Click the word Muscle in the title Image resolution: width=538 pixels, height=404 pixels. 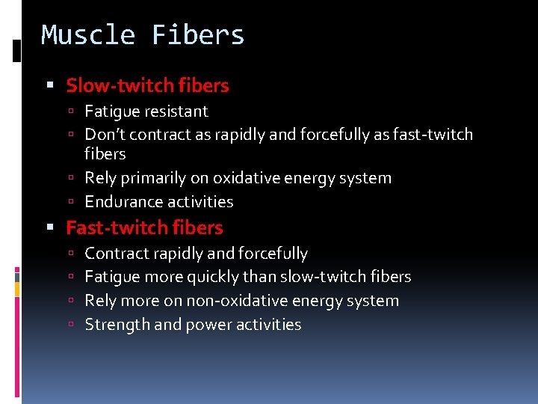point(88,35)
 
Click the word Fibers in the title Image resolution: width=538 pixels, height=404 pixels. point(198,35)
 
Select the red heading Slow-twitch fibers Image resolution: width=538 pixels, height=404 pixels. point(147,85)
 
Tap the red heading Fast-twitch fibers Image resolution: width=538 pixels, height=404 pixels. point(144,227)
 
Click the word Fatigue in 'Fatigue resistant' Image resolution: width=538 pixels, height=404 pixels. point(112,111)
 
